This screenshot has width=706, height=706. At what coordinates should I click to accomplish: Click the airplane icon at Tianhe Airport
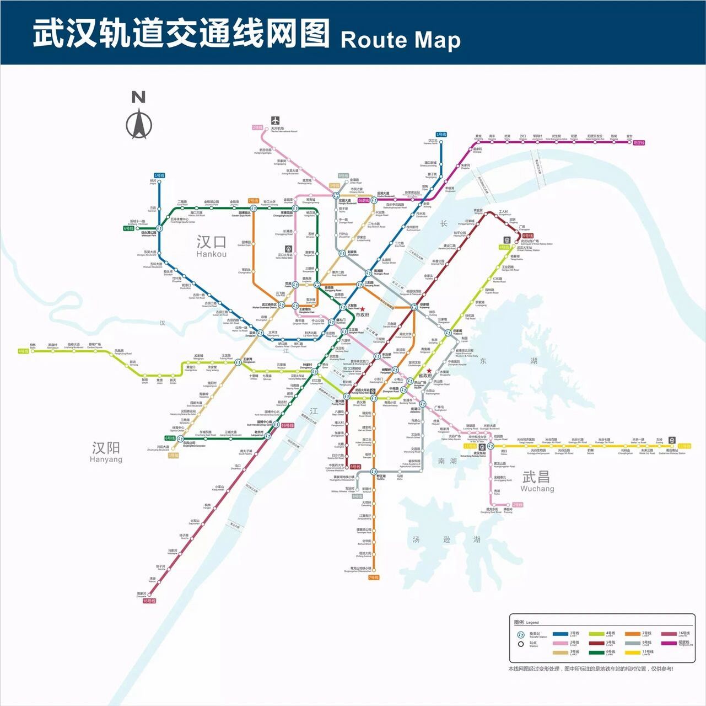[275, 121]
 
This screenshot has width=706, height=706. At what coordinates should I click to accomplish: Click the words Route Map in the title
[401, 40]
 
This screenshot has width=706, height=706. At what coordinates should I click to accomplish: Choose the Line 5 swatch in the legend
[596, 643]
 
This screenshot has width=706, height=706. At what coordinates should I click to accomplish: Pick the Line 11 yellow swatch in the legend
[632, 652]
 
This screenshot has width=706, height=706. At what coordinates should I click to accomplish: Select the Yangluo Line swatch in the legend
[669, 643]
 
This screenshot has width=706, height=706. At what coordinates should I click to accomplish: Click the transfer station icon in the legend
[520, 635]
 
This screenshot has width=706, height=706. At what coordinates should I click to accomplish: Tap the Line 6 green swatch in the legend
[596, 652]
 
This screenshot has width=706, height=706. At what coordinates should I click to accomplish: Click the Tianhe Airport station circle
[267, 130]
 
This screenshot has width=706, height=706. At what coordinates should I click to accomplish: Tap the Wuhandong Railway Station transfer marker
[482, 446]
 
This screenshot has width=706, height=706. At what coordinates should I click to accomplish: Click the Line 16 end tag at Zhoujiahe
[149, 601]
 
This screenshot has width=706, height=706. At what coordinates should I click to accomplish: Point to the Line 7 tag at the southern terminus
[373, 577]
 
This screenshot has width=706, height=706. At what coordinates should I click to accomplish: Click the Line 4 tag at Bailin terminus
[23, 351]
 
